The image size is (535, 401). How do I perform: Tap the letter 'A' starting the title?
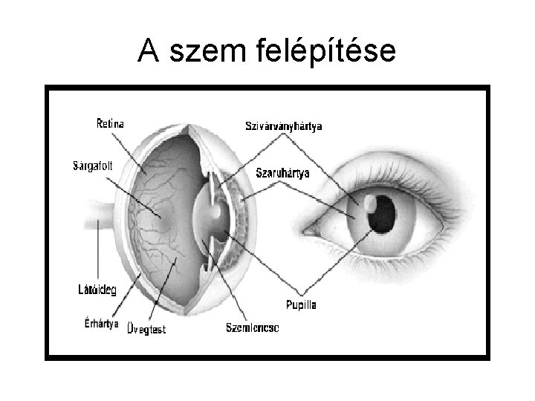[x=148, y=50]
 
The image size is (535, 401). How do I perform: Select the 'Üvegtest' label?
[x=146, y=327]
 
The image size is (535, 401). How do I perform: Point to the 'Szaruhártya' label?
[x=283, y=173]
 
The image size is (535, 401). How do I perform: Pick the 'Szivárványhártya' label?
[x=284, y=126]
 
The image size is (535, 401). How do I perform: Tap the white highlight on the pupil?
[x=370, y=200]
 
